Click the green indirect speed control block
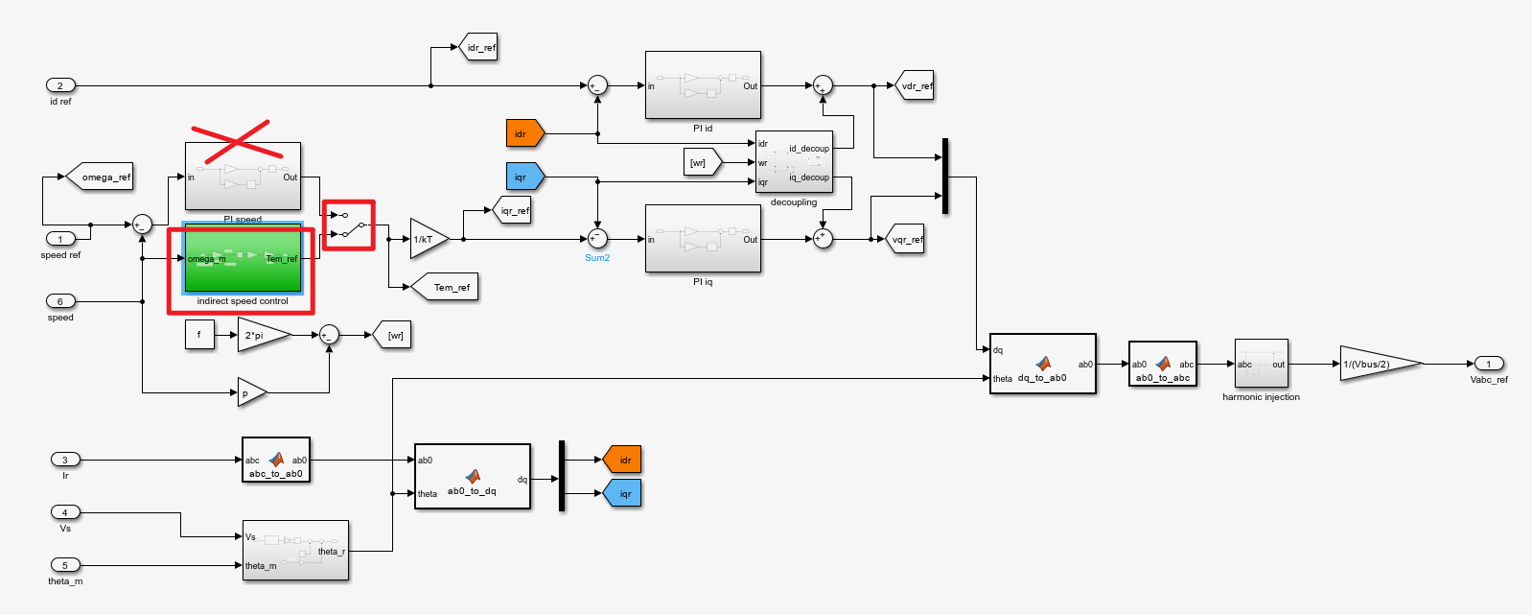pos(243,259)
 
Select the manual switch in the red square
pos(349,225)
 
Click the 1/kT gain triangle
pos(427,239)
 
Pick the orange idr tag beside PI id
pos(524,133)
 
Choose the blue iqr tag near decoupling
pos(524,177)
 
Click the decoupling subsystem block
pos(793,162)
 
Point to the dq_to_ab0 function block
pos(1042,364)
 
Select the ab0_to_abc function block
pos(1162,365)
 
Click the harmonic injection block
pos(1261,364)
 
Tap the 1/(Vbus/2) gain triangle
pos(1377,364)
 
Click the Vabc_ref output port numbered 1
pos(1488,364)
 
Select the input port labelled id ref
pos(60,85)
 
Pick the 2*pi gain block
pos(261,335)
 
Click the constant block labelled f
pos(199,335)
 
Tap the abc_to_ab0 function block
pos(276,461)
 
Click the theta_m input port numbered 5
pos(65,565)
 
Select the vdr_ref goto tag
pos(915,85)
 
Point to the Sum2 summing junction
pos(597,239)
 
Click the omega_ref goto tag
pos(102,177)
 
